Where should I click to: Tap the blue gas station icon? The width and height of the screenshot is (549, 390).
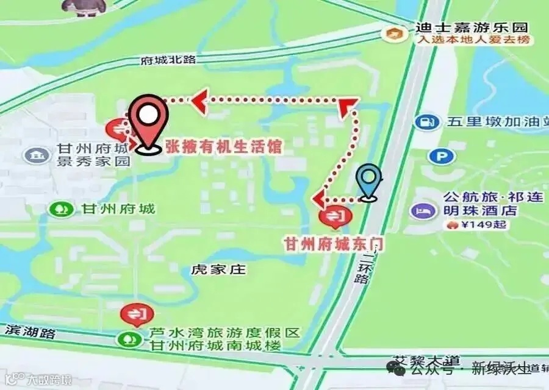pos(428,122)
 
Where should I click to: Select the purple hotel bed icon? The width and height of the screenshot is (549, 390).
pos(422,210)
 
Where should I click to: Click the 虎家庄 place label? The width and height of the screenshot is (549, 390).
pos(218,269)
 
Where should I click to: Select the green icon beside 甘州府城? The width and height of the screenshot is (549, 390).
pos(61,209)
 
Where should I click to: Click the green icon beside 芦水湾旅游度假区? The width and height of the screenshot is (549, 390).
pos(129,338)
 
